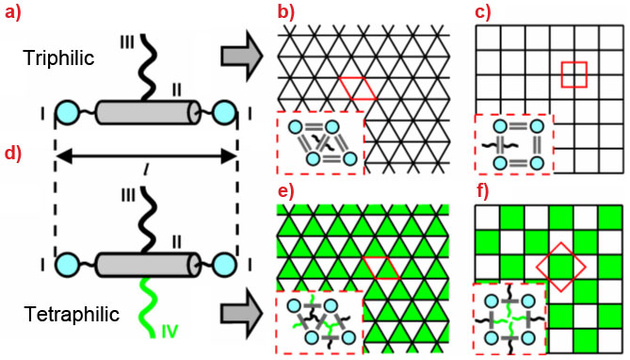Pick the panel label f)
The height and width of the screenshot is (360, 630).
[x=483, y=194]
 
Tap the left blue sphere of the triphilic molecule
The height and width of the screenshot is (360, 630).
[x=68, y=116]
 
